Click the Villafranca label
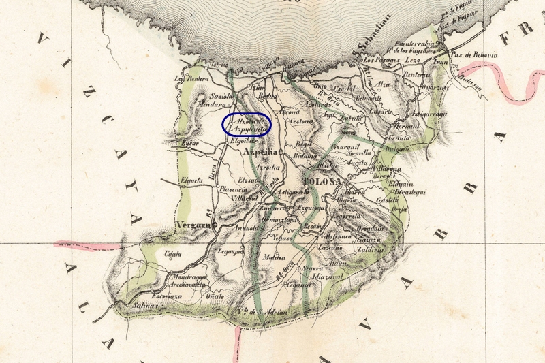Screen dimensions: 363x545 (337, 236)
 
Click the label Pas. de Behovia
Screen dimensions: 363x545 (476, 55)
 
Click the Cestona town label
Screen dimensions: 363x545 (300, 122)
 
